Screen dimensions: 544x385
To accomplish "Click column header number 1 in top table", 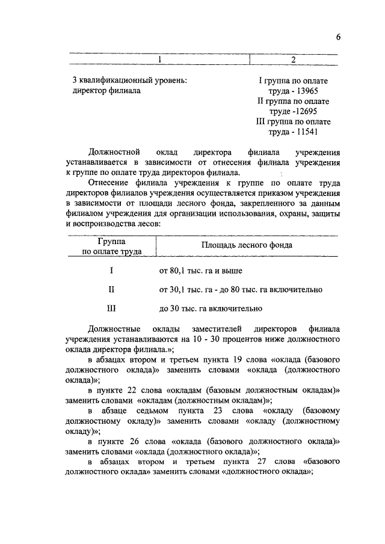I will click(x=159, y=60).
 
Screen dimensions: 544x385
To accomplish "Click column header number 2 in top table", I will click(x=293, y=60).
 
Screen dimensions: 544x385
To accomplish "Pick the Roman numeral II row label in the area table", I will click(x=111, y=290).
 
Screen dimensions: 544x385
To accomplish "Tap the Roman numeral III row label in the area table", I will click(x=111, y=309).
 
